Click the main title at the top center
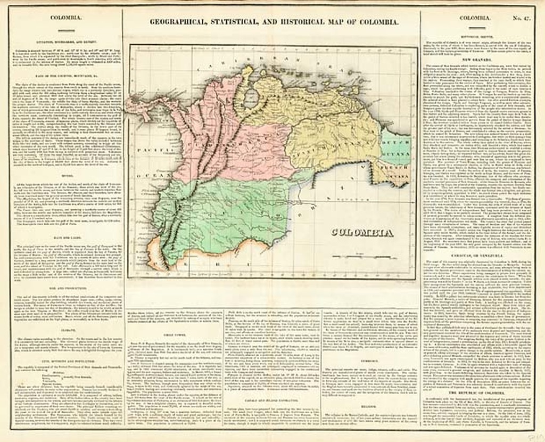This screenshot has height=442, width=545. coord(274,22)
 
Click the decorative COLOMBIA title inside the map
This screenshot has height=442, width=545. coord(362,233)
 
